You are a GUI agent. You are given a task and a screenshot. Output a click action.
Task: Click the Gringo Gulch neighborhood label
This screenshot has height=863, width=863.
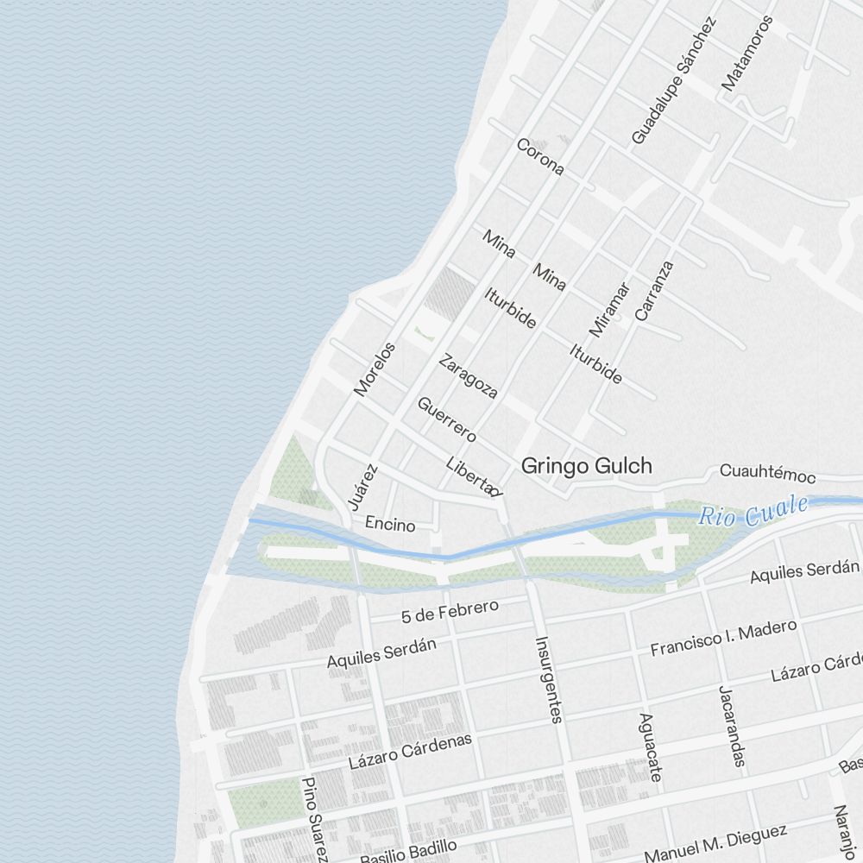(x=586, y=466)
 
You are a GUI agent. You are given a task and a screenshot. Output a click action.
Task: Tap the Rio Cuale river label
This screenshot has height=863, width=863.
(x=753, y=511)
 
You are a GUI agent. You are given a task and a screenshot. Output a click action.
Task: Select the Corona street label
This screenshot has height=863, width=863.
(x=540, y=156)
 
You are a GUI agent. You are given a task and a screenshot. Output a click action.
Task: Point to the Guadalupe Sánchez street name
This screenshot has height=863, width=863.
(x=674, y=80)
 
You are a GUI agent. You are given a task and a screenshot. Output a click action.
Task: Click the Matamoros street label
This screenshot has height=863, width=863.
(x=747, y=53)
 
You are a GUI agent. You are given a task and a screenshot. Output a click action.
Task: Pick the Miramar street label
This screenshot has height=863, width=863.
(x=610, y=309)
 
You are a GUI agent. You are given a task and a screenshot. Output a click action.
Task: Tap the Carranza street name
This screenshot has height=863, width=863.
(x=653, y=291)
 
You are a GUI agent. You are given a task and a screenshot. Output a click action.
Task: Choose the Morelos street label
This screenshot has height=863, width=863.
(x=375, y=369)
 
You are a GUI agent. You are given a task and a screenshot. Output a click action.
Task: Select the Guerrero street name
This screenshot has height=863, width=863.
(x=446, y=419)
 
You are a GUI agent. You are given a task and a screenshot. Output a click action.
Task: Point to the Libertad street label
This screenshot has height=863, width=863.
(x=473, y=476)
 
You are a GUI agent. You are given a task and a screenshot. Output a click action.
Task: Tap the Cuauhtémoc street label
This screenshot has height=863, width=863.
(x=767, y=472)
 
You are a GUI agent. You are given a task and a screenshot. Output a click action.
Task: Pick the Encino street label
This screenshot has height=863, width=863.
(x=390, y=524)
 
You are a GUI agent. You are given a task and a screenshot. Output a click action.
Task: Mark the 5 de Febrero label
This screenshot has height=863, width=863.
(x=450, y=611)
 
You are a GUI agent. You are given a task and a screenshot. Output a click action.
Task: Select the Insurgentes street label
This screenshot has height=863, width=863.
(x=549, y=679)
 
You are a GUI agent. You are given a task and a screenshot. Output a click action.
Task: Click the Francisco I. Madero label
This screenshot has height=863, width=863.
(x=723, y=637)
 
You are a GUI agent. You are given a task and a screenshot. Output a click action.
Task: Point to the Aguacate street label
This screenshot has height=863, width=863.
(x=651, y=747)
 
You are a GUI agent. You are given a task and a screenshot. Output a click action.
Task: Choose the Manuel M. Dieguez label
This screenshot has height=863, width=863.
(x=715, y=844)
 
